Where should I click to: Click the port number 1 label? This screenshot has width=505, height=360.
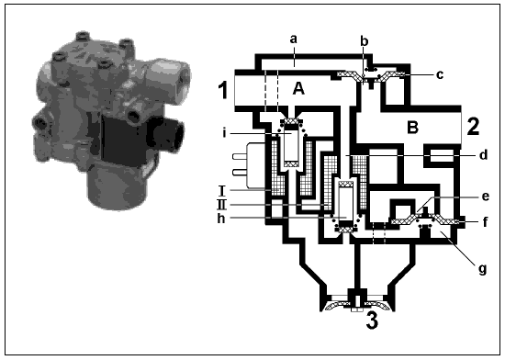pos(223,90)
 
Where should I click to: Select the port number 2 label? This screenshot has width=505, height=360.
pos(473,127)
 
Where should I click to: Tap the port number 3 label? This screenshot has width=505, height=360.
pos(372,321)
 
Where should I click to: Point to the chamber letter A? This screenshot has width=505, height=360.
pos(298,88)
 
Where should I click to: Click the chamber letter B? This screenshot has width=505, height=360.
pos(412,127)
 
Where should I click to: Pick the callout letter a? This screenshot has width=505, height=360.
pos(293,39)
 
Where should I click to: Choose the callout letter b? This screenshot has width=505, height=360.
pos(364,40)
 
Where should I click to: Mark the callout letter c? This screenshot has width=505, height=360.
pos(440,74)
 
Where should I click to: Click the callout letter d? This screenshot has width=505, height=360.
pos(483,154)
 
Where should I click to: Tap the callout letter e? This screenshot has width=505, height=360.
pos(486,197)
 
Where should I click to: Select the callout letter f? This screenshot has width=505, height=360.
pos(486,221)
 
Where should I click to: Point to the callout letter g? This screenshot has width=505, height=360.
pos(482,269)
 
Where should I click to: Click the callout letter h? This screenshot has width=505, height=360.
pos(221,218)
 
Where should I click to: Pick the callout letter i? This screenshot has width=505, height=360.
pos(224,132)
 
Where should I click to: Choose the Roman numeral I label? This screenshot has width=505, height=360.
pos(222,191)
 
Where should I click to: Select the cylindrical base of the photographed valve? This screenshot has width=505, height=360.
pos(118,187)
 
